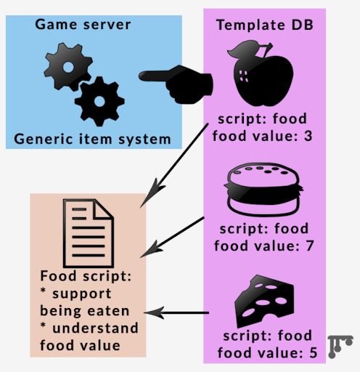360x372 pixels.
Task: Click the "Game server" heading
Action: click(83, 25)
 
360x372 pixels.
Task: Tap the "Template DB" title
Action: click(265, 25)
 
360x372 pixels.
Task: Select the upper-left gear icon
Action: click(68, 67)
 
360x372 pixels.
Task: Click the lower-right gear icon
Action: click(99, 101)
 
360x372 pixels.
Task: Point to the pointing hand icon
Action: click(176, 84)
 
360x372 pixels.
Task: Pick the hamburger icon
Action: click(263, 190)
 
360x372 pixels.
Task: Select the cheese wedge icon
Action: click(264, 302)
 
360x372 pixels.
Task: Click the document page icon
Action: click(89, 233)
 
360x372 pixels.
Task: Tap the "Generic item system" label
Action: click(92, 139)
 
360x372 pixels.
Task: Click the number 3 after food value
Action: click(308, 136)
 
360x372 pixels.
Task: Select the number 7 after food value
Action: click(310, 246)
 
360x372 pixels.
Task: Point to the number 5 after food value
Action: click(314, 353)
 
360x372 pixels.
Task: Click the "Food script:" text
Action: click(86, 276)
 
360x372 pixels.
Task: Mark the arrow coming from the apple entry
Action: click(174, 166)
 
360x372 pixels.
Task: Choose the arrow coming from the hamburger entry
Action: click(172, 237)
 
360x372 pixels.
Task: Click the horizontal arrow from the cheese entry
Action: click(176, 313)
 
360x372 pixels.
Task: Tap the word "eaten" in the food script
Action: click(108, 311)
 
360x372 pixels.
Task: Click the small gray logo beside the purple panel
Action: click(340, 347)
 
